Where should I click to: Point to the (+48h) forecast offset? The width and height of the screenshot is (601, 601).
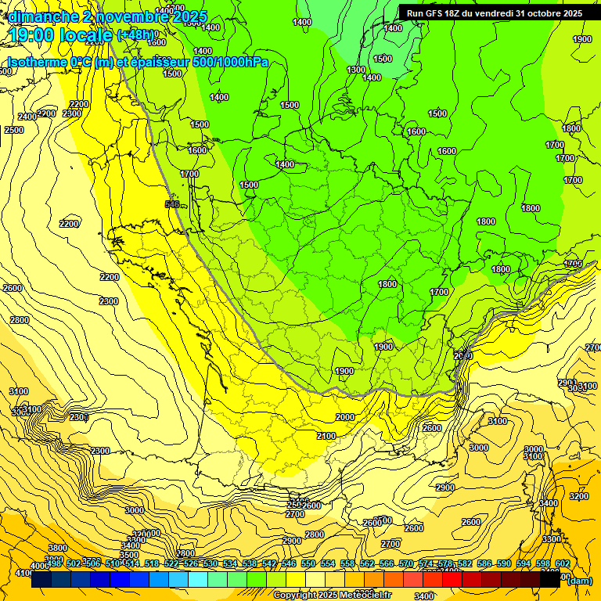135,35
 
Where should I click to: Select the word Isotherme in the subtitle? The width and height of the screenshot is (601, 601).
36,62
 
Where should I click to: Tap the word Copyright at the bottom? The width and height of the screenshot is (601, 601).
294,595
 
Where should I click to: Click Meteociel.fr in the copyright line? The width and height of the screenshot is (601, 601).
365,595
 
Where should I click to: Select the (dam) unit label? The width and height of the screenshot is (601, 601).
579,580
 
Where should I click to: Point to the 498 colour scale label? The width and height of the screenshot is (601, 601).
55,563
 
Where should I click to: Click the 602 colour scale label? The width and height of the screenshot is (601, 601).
563,563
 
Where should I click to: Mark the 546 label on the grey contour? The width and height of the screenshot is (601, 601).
172,204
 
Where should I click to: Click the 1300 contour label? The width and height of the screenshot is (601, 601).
356,70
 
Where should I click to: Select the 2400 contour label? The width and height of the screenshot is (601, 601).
27,117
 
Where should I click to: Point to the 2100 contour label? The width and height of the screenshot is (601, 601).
326,436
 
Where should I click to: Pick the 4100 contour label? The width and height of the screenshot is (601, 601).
16,574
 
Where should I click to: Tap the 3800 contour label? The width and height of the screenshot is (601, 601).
57,548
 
